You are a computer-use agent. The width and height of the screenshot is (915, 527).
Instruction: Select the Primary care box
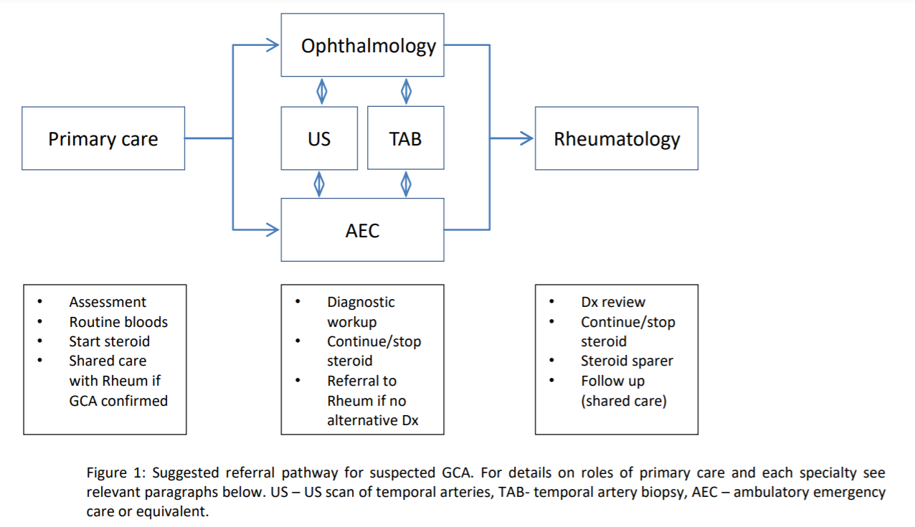point(103,138)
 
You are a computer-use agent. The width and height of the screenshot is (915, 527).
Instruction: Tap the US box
point(319,138)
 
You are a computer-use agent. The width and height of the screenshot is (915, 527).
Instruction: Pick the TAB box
point(405,138)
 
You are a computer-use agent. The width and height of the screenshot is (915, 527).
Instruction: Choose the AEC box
point(362,229)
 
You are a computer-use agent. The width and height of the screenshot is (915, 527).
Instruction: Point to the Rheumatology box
point(617,138)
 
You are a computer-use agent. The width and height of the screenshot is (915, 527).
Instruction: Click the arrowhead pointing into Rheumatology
point(526,138)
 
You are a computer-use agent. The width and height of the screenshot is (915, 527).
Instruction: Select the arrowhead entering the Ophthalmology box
point(272,46)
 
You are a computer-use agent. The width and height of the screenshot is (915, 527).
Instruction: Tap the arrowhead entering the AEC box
point(272,229)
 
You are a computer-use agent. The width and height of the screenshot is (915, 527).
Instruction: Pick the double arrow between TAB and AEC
point(406,184)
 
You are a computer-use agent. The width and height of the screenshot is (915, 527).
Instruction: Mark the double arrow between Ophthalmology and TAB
point(406,91)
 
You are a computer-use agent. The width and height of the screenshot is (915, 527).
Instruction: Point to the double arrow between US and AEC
point(319,184)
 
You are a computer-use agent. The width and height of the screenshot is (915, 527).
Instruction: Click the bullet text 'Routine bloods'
point(118,322)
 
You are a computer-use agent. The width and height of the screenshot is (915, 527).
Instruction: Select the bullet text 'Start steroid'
point(110,341)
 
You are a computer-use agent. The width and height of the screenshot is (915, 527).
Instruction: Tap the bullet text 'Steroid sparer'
point(627,361)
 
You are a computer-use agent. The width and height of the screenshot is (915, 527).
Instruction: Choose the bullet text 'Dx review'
point(613,302)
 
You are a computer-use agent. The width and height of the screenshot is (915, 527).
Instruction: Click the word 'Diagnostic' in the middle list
point(361,302)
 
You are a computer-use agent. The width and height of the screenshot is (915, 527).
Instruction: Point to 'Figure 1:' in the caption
point(117,473)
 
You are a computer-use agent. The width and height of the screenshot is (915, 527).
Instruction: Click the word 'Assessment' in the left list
point(108,302)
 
